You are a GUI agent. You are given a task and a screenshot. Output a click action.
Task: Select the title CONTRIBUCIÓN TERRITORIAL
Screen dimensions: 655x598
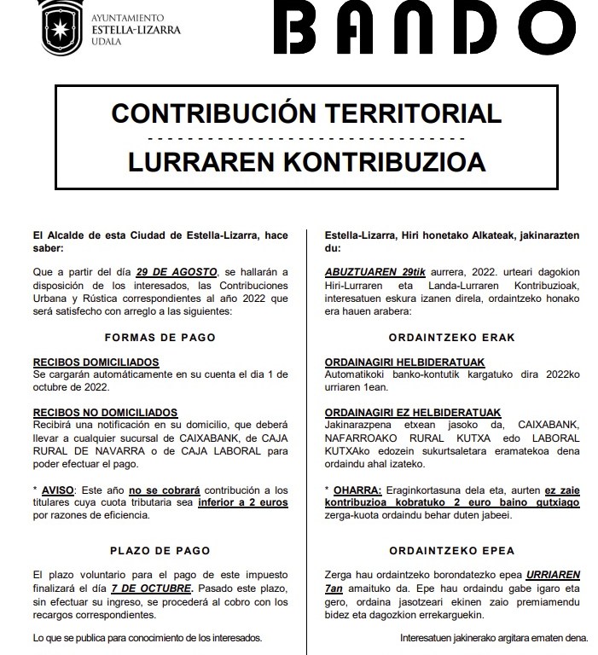coord(306,113)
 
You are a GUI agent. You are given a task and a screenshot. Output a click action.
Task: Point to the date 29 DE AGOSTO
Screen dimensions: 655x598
coord(182,271)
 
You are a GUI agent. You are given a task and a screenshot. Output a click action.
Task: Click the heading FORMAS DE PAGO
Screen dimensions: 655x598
coord(160,337)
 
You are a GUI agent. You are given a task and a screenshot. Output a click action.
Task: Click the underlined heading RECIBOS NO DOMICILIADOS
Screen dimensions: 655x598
coord(105,412)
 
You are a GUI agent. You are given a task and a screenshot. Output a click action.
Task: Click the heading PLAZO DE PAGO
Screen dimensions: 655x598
coord(160,550)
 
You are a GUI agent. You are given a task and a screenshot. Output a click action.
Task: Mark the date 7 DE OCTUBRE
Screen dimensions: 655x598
coord(161,588)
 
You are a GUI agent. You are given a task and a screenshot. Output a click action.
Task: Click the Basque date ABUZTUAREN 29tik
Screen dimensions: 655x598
coord(370,271)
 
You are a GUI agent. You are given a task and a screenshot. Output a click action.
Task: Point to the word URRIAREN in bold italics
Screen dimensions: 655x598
coord(557,576)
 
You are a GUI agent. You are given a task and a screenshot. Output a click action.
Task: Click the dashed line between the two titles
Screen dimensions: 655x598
coord(306,137)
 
